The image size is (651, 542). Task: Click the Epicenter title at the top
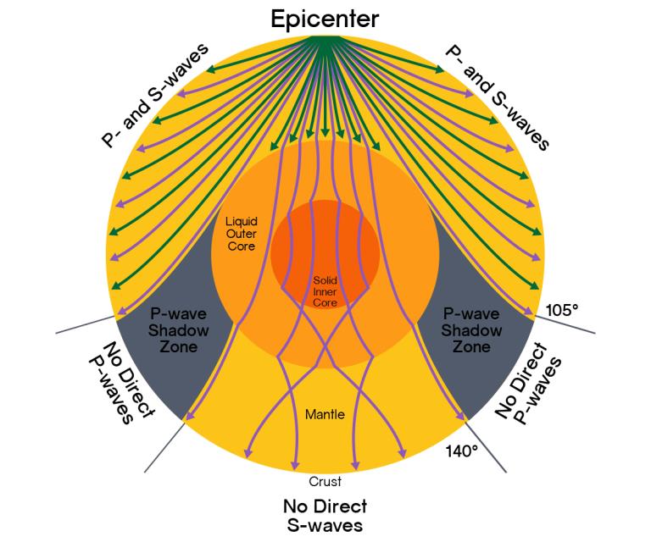pos(325,19)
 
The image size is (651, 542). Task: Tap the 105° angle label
pos(562,310)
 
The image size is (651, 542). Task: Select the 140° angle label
pos(462,451)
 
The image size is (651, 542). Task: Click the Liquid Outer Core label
pos(242,234)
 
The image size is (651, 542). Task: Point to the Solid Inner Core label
pos(325,291)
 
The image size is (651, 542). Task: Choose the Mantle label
pos(325,414)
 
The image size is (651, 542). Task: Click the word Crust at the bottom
pos(325,482)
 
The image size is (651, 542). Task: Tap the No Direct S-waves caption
pos(325,516)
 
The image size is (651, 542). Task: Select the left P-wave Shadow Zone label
pos(179,330)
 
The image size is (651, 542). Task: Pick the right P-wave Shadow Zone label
pos(471,330)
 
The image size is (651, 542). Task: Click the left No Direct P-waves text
pos(122,382)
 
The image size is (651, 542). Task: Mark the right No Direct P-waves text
pos(529,382)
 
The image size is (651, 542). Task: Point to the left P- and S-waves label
pos(155,96)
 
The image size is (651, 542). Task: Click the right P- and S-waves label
pos(497,97)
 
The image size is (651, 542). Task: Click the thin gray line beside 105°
pos(565,324)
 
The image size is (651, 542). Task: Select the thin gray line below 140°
pos(486,446)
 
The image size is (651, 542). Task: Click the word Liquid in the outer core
pos(242,221)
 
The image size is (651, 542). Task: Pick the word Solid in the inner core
pos(325,280)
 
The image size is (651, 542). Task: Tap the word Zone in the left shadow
pos(179,346)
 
